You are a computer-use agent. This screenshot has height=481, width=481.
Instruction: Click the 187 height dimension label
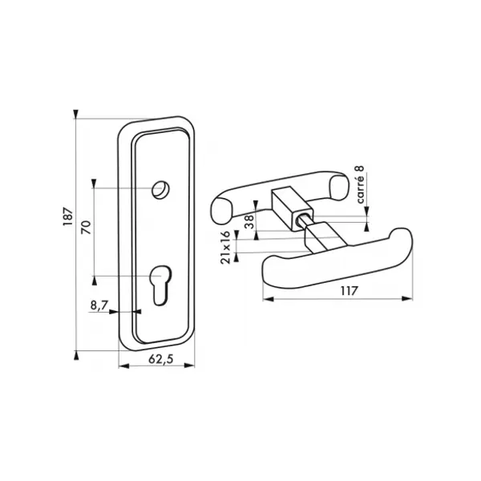pyautogui.click(x=68, y=217)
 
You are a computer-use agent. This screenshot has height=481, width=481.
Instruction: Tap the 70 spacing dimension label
pyautogui.click(x=87, y=227)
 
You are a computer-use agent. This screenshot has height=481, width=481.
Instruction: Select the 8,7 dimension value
pyautogui.click(x=99, y=305)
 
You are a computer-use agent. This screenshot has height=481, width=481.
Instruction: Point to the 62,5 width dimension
pyautogui.click(x=161, y=359)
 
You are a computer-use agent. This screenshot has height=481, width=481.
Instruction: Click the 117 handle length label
pyautogui.click(x=349, y=290)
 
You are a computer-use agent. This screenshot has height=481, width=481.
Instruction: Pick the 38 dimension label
pyautogui.click(x=249, y=221)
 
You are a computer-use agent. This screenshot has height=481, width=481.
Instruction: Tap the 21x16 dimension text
pyautogui.click(x=225, y=248)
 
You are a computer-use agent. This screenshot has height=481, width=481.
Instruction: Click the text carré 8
pyautogui.click(x=361, y=184)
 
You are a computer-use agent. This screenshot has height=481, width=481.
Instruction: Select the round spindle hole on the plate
pyautogui.click(x=161, y=190)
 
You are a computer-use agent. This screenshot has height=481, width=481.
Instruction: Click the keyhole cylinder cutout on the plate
pyautogui.click(x=160, y=285)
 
